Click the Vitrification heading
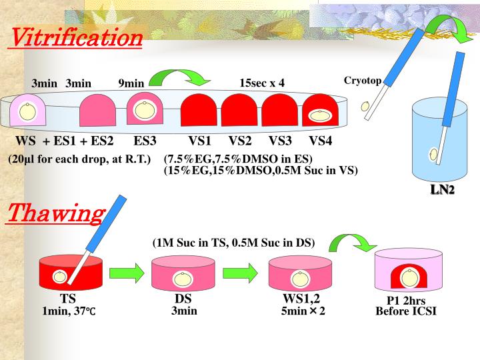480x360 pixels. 75,37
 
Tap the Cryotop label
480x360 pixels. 363,81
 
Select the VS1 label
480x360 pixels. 199,141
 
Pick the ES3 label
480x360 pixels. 145,141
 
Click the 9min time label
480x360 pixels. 131,83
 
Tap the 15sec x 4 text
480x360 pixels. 262,83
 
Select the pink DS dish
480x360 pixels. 183,275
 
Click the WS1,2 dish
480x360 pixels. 301,275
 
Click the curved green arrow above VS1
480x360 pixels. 178,81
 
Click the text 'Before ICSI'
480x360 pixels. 406,311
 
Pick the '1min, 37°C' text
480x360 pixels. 69,311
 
